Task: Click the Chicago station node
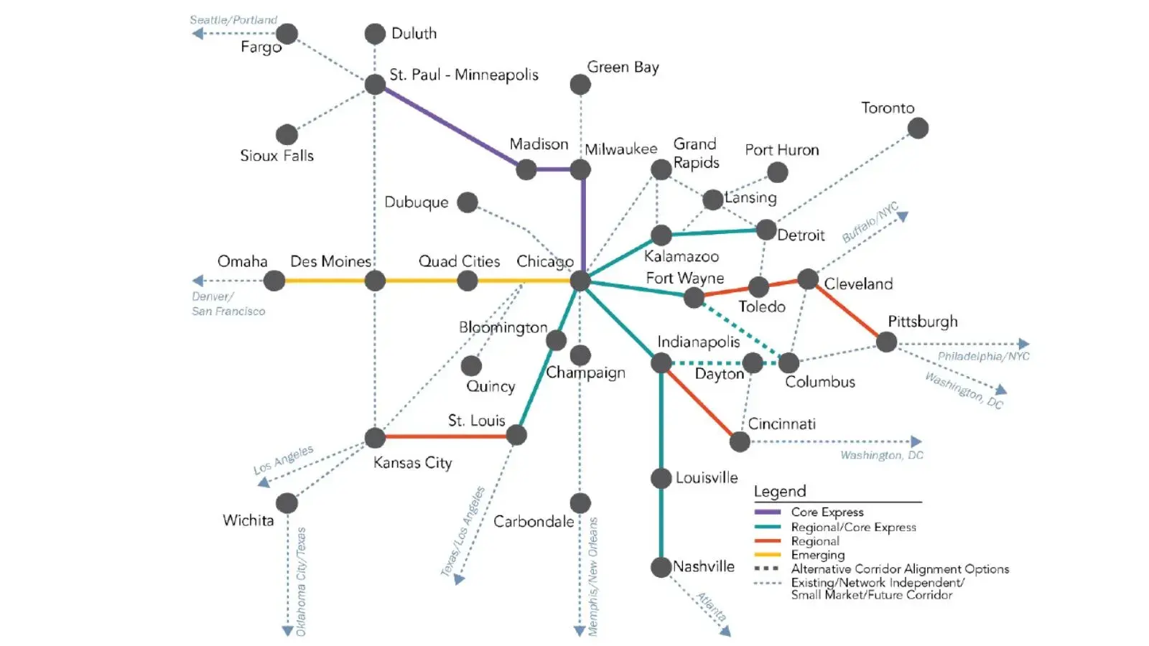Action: pos(580,281)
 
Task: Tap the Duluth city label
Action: pos(414,33)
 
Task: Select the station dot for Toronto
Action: pos(918,128)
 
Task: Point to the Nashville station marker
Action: pos(661,567)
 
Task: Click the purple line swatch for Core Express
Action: pos(767,512)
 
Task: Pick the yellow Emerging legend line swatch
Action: pos(767,555)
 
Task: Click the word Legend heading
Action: pos(780,492)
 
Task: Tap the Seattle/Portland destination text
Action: pos(233,20)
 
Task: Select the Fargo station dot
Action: pos(287,33)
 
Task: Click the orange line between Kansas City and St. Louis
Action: pos(445,436)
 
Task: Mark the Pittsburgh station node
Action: pos(886,342)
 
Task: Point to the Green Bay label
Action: pos(623,67)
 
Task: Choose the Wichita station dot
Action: pos(287,502)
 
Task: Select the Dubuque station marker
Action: pos(467,202)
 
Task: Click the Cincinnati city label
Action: pos(781,423)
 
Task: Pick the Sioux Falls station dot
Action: pos(287,134)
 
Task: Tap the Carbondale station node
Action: pos(580,502)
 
